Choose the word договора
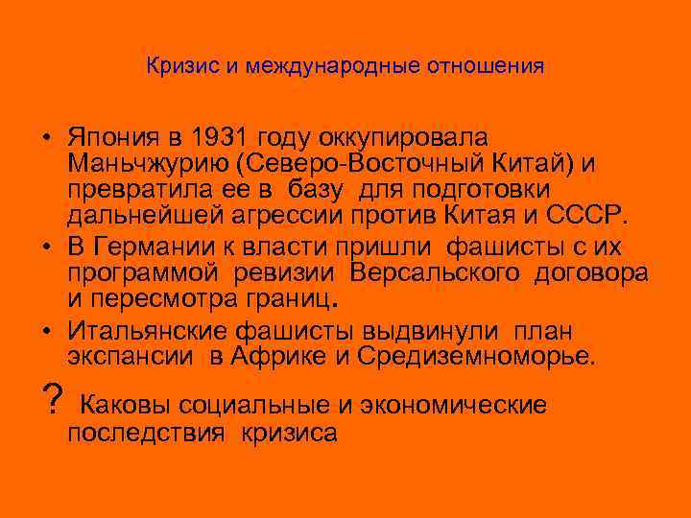click(x=591, y=273)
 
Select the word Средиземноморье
click(x=476, y=358)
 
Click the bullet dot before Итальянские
click(x=47, y=333)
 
